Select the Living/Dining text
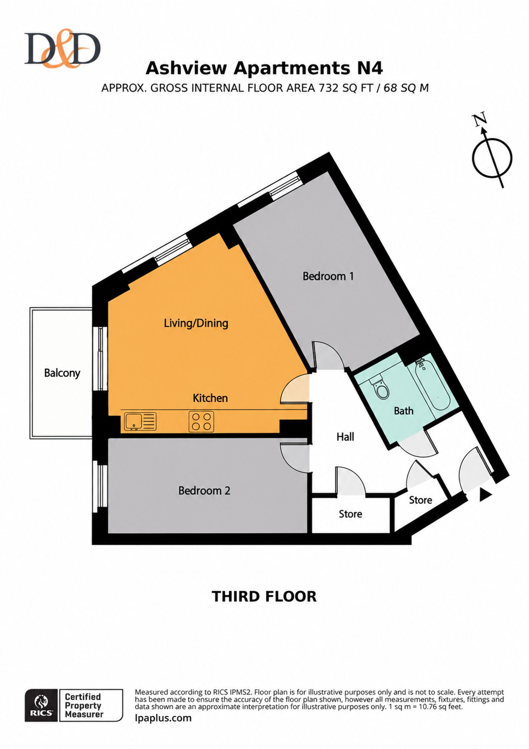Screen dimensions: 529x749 [x=196, y=323]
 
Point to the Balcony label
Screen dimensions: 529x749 [x=62, y=373]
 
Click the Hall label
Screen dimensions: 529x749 [x=345, y=437]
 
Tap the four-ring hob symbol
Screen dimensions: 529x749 [x=201, y=421]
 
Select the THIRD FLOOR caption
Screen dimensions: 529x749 [x=264, y=597]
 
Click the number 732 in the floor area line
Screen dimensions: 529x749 [x=329, y=88]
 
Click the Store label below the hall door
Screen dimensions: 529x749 [x=350, y=514]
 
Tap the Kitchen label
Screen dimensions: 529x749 [x=210, y=398]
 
